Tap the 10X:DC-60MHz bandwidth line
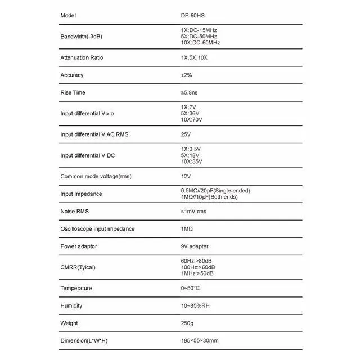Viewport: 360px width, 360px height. point(200,43)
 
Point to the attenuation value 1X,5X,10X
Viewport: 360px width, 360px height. point(194,57)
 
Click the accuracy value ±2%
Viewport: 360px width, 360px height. point(186,75)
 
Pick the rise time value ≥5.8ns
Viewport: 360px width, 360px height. point(190,92)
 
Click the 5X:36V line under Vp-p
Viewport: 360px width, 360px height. point(191,114)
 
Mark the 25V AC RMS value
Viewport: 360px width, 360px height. point(186,134)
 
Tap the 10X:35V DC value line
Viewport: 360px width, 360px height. point(192,161)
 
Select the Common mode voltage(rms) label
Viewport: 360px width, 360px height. point(96,176)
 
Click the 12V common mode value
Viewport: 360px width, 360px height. point(186,176)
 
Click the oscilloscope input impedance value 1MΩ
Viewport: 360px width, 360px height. point(187,229)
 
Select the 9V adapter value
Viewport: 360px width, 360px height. point(195,246)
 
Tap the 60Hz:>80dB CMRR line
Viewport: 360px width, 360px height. point(197,261)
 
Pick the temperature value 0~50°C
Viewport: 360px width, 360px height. point(190,288)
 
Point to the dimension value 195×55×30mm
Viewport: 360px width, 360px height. point(200,341)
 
